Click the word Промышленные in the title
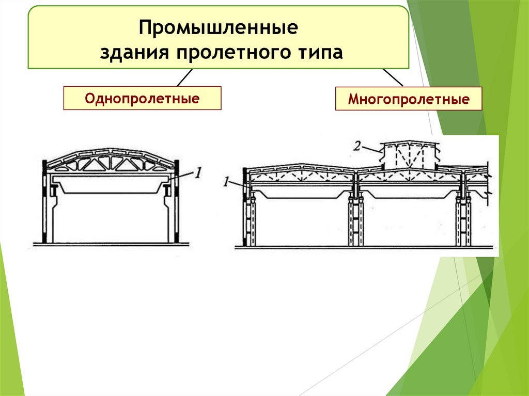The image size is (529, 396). [x=218, y=28]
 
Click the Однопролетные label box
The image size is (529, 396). [x=142, y=98]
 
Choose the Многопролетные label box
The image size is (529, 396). [x=408, y=99]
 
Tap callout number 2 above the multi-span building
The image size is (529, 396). [x=357, y=146]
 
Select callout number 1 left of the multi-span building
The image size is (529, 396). [x=226, y=182]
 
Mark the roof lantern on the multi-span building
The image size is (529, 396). [x=409, y=154]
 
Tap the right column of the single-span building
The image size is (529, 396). [x=172, y=212]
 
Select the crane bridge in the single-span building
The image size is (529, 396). [x=110, y=185]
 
